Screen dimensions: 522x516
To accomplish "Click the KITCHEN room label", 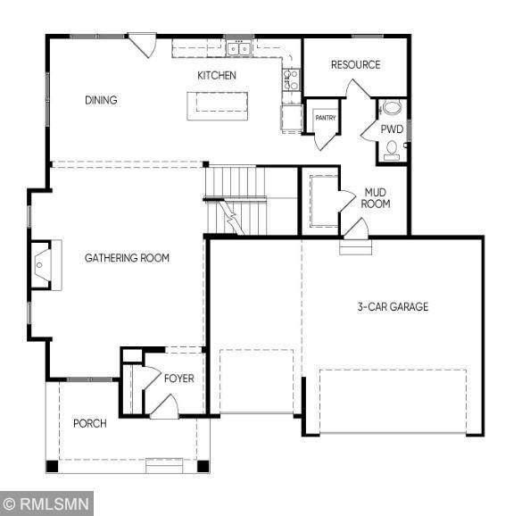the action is coord(217,76).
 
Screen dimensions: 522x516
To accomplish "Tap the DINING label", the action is coord(101,100).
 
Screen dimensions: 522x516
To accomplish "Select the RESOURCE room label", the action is coord(355,64).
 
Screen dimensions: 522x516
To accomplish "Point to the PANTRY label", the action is coord(326,118).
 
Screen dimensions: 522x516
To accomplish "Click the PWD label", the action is coord(392,129).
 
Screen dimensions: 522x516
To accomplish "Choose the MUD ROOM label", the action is coord(376,198).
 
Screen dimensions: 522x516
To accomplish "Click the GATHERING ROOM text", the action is coord(127,258).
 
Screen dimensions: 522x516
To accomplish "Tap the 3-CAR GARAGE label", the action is coord(393,306).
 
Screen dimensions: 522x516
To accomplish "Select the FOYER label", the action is coord(179,379).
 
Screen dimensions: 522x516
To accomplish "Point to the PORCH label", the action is coord(90,423).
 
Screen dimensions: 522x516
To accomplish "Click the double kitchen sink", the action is coord(239,49).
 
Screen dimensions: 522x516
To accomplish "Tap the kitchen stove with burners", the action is coord(291,79).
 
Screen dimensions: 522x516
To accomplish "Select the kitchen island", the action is coord(218,106).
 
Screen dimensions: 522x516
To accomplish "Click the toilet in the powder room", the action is coord(392,150).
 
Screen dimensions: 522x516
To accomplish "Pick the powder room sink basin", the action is coord(392,108).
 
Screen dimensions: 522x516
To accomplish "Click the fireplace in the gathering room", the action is coord(45,265).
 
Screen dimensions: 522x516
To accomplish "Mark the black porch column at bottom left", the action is coord(52,466).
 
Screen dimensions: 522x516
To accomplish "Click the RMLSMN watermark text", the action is coord(54,504).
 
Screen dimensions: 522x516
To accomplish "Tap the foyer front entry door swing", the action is coord(165,405).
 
